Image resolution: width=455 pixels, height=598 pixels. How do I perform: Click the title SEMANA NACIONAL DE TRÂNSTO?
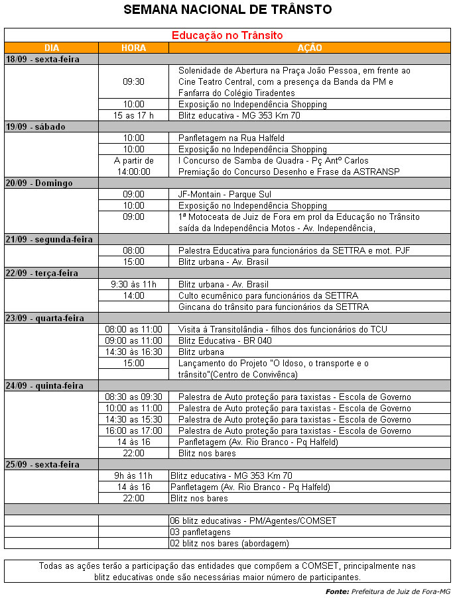point(227,9)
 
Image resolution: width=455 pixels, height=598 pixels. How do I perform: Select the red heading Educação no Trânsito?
point(227,35)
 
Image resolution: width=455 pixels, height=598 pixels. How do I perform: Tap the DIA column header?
point(51,48)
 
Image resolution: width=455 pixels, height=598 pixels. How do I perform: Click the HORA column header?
point(133,48)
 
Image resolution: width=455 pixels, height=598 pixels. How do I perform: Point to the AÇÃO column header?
point(309,48)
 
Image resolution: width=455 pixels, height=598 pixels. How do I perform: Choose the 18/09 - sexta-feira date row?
point(42,59)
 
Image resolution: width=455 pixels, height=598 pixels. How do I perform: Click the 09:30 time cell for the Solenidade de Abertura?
point(133,81)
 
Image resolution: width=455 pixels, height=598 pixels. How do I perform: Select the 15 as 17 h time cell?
point(133,115)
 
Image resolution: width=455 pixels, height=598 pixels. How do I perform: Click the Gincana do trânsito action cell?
point(273,307)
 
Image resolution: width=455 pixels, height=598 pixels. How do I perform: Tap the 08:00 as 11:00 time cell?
point(133,329)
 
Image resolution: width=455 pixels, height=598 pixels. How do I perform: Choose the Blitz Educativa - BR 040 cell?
point(226,340)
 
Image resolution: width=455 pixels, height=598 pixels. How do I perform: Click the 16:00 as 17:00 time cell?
point(133,430)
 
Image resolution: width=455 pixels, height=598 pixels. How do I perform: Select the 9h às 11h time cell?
point(133,475)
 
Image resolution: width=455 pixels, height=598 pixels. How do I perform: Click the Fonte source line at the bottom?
point(388,591)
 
